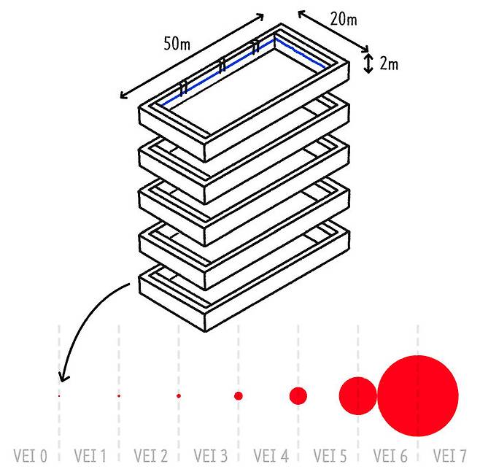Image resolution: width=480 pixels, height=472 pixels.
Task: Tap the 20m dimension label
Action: [x=344, y=19]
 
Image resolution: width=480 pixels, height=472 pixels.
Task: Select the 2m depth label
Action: [x=389, y=64]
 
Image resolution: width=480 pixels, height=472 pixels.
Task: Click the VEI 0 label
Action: [x=30, y=457]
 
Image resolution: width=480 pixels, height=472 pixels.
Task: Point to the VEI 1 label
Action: [x=90, y=457]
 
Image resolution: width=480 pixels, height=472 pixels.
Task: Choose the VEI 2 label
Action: [x=150, y=457]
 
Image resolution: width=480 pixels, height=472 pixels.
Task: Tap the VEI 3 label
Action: [x=210, y=457]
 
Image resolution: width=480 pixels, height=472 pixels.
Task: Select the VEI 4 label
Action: [x=271, y=457]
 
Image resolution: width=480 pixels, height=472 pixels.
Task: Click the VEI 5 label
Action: [x=330, y=457]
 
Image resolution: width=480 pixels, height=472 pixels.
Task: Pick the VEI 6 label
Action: [x=390, y=457]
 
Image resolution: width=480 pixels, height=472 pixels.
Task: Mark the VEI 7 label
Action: [x=449, y=457]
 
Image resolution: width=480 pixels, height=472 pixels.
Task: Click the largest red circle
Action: [x=418, y=395]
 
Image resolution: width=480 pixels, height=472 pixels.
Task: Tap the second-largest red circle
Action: [x=357, y=395]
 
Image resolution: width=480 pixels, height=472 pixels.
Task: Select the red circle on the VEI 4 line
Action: [x=298, y=395]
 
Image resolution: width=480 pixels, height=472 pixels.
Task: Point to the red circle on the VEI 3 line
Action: [x=238, y=395]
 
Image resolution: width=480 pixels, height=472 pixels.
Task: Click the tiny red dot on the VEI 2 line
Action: [x=178, y=395]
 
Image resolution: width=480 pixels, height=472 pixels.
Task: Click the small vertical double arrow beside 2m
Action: [x=369, y=63]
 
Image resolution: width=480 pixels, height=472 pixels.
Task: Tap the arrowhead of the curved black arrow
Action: [x=63, y=379]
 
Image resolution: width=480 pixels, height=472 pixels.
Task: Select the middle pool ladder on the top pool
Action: [x=221, y=66]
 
